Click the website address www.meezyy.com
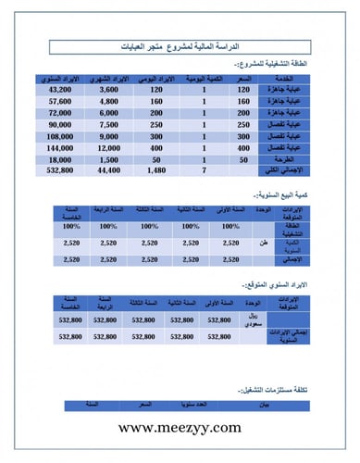180,428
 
